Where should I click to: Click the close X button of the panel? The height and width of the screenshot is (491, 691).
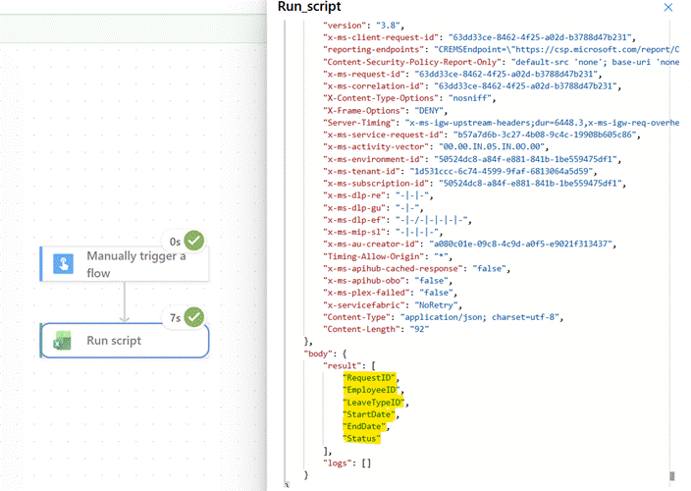pyautogui.click(x=668, y=7)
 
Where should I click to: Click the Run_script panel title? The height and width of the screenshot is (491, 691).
pyautogui.click(x=309, y=7)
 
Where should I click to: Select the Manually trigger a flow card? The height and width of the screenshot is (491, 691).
pyautogui.click(x=125, y=263)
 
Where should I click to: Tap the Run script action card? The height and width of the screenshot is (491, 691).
pyautogui.click(x=125, y=340)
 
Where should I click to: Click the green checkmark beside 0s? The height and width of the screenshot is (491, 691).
pyautogui.click(x=194, y=241)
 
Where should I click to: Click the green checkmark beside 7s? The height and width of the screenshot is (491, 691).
pyautogui.click(x=194, y=317)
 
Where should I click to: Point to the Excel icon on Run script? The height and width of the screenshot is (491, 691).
pyautogui.click(x=63, y=341)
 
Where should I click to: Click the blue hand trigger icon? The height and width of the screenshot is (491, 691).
pyautogui.click(x=64, y=263)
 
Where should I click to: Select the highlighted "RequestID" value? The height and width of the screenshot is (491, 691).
pyautogui.click(x=369, y=378)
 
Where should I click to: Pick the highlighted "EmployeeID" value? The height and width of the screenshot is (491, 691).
pyautogui.click(x=371, y=390)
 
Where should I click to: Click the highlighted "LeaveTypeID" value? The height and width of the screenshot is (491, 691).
pyautogui.click(x=374, y=403)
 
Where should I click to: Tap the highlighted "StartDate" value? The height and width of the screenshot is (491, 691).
pyautogui.click(x=369, y=414)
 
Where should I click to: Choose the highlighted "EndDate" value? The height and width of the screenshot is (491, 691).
pyautogui.click(x=364, y=426)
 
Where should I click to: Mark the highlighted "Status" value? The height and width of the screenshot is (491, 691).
pyautogui.click(x=362, y=439)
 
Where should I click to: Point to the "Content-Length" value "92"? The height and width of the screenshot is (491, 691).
pyautogui.click(x=419, y=329)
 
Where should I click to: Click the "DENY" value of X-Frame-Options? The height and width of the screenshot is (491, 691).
pyautogui.click(x=428, y=111)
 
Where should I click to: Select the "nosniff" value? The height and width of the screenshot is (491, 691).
pyautogui.click(x=470, y=98)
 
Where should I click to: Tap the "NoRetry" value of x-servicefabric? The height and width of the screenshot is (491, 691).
pyautogui.click(x=436, y=305)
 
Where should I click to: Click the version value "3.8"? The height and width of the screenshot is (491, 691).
pyautogui.click(x=388, y=26)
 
